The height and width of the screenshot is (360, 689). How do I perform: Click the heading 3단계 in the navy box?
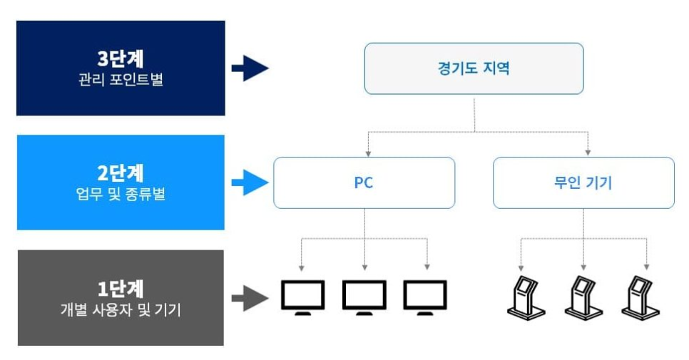coord(121,58)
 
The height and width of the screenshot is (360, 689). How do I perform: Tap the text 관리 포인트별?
coord(121,79)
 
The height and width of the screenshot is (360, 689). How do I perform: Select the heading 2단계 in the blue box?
coord(121,173)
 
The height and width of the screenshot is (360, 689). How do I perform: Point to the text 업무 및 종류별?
coord(121,193)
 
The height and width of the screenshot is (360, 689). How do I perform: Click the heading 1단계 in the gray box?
coord(121,288)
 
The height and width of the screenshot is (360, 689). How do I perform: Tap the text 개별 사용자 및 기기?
coord(121,309)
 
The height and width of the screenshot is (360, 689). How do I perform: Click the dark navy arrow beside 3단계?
coord(250,68)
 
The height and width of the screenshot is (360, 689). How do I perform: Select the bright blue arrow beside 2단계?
coord(250,182)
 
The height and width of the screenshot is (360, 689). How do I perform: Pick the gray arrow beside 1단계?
coord(250,298)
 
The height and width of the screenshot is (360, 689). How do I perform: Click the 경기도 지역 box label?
coord(474,69)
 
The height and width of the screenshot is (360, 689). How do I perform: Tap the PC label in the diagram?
coord(364,183)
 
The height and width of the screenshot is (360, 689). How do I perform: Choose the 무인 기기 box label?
coord(583,183)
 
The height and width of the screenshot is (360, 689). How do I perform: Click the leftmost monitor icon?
coord(303,297)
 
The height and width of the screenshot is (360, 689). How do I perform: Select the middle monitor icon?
coord(364,297)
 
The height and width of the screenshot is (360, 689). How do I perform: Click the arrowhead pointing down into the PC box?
coord(368,153)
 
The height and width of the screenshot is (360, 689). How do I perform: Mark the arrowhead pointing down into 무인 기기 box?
coord(588,153)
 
